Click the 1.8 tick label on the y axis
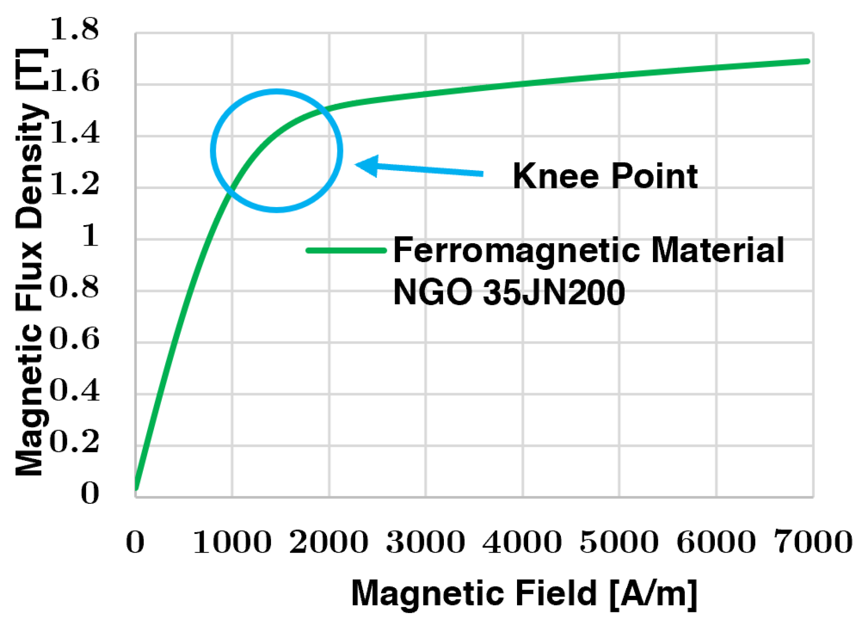point(74,29)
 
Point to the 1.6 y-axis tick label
point(74,81)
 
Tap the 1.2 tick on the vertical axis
point(74,184)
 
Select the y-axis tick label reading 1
point(90,236)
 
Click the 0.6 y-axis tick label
point(74,339)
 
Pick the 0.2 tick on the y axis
point(74,442)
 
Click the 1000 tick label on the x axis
point(232,542)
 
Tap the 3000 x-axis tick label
point(425,542)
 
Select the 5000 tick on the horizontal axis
point(619,542)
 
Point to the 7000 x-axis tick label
point(813,542)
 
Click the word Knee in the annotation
point(556,176)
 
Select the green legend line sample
point(346,250)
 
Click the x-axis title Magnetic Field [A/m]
point(524,593)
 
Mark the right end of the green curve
point(807,61)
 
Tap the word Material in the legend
point(717,250)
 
